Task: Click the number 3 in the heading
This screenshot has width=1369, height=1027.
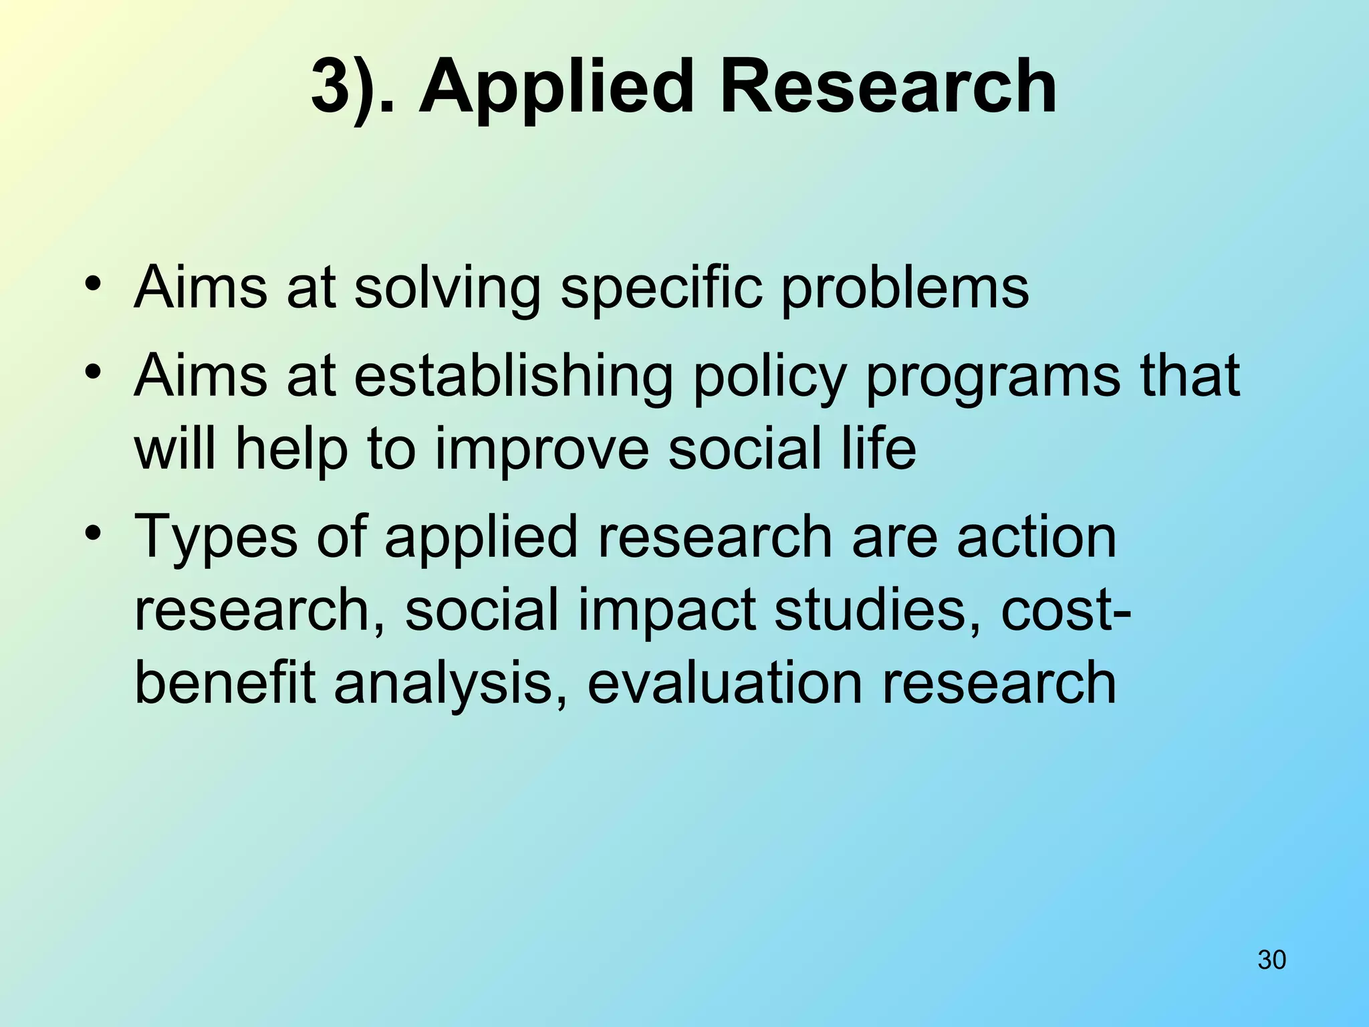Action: tap(332, 87)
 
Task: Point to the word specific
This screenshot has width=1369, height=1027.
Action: tap(661, 289)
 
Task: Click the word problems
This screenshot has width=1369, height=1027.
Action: tap(904, 289)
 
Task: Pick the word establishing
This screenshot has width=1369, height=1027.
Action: tap(513, 376)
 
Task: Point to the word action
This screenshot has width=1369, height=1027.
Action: tap(1037, 536)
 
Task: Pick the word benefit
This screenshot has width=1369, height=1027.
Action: tap(225, 683)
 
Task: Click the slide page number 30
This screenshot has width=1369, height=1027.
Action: tap(1271, 959)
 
